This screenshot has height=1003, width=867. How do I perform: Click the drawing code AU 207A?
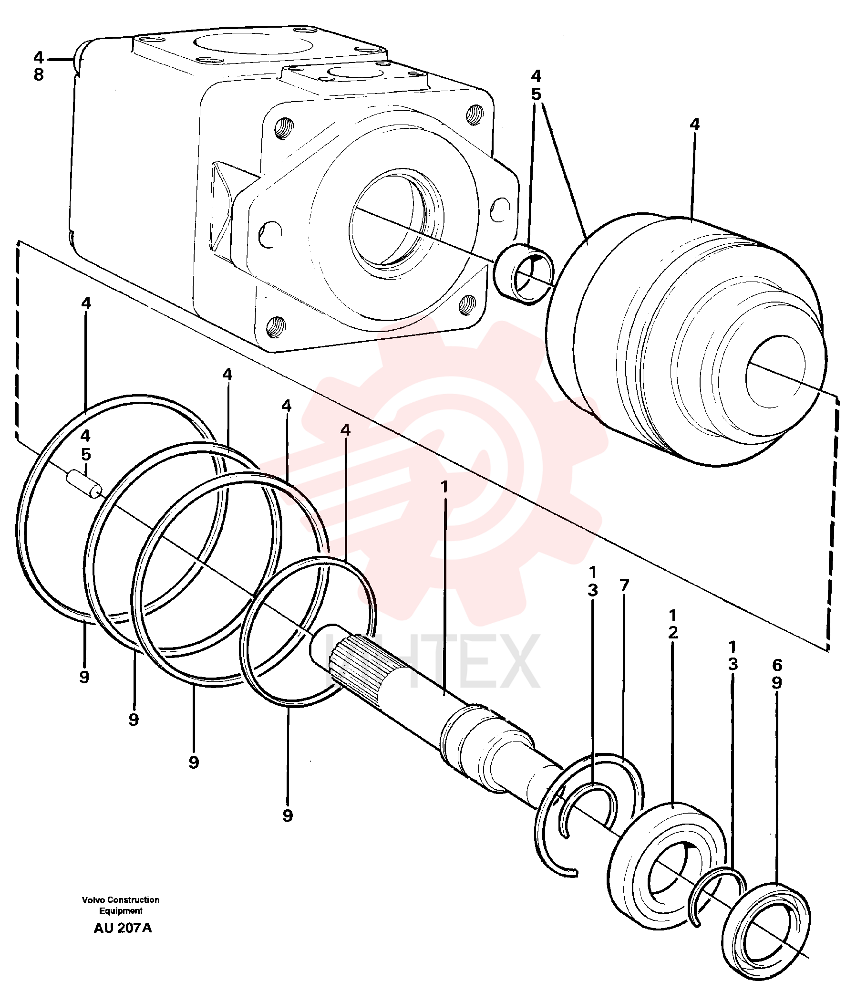point(123,928)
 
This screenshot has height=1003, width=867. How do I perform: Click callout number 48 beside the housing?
point(39,66)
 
